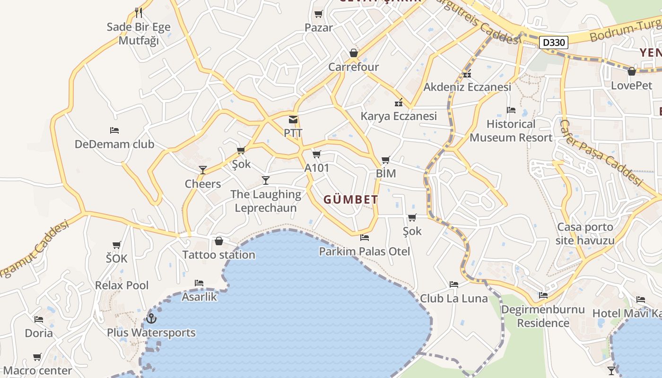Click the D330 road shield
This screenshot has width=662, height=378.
click(553, 43)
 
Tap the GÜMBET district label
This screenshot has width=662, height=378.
click(351, 200)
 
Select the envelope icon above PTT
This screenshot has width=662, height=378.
click(293, 120)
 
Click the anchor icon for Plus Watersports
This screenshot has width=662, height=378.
click(151, 318)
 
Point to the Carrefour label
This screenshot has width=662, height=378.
click(354, 67)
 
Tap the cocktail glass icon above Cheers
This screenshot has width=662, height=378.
click(203, 170)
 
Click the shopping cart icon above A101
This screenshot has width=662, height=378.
click(317, 154)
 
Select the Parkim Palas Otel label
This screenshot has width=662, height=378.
click(364, 251)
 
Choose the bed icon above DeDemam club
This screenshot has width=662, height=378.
click(114, 130)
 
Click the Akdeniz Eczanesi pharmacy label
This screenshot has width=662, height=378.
click(467, 87)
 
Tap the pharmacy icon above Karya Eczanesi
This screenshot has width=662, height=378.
click(398, 103)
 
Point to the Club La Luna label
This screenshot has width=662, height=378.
click(453, 299)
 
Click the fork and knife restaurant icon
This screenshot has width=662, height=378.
click(138, 12)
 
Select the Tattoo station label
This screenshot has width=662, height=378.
click(219, 255)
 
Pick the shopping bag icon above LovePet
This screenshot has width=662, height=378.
click(631, 72)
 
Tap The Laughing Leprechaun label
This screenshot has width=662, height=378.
click(266, 201)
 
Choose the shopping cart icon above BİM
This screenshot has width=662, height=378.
click(385, 160)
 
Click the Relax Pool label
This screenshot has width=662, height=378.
click(122, 285)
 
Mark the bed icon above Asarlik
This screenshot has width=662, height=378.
click(199, 283)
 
